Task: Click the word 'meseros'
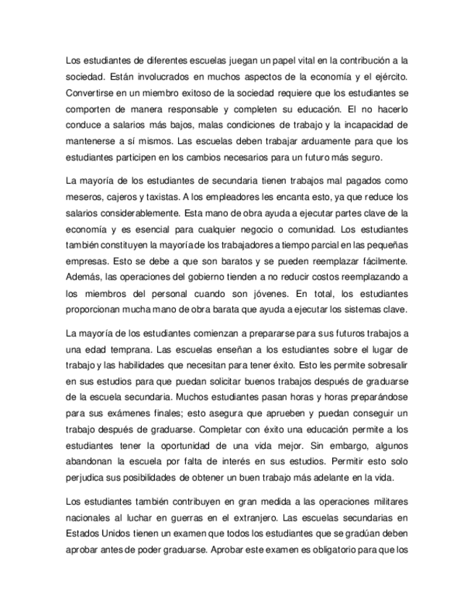tap(82, 196)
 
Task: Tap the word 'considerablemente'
tap(140, 212)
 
